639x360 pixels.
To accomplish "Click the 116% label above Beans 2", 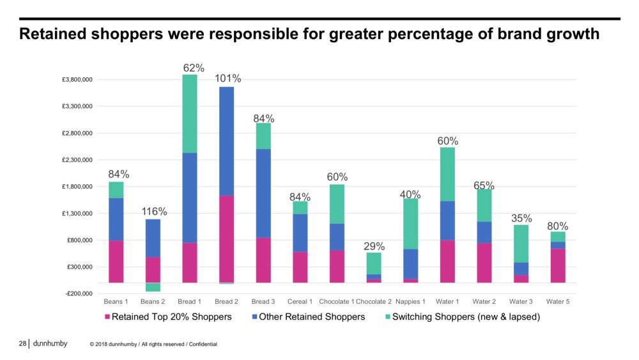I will tap(154, 211).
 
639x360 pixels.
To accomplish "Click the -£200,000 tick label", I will tap(77, 293).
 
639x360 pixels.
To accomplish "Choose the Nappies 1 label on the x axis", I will tap(410, 301).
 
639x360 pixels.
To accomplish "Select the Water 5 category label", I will tap(558, 301).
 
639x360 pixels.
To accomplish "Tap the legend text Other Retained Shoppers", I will tap(309, 317).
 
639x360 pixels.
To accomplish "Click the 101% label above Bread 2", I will tap(228, 79).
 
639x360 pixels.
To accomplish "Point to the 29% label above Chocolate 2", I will tap(374, 246).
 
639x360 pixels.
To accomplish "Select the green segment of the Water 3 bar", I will tap(521, 244).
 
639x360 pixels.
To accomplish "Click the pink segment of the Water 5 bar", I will tap(558, 265).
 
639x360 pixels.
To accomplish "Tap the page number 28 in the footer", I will tap(22, 344).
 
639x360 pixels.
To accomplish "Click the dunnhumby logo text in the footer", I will tap(49, 343).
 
